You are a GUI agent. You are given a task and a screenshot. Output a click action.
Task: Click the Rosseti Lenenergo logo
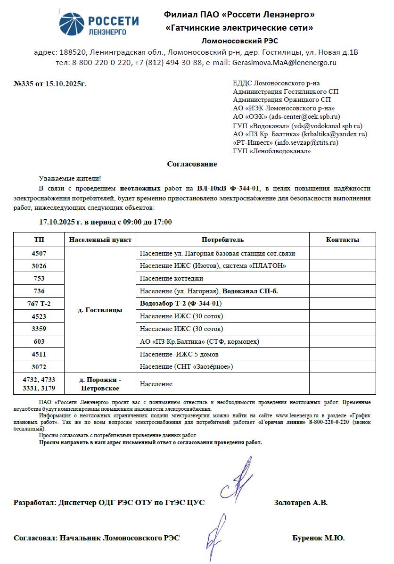click(x=99, y=24)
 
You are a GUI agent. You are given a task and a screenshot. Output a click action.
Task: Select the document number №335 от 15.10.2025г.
click(x=50, y=84)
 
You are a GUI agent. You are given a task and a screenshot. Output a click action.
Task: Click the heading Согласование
click(x=192, y=164)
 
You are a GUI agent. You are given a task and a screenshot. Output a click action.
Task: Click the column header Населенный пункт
click(x=100, y=240)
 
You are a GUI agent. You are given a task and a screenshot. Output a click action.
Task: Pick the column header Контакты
click(x=342, y=240)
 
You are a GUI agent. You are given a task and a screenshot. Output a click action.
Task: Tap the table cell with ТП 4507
click(x=39, y=253)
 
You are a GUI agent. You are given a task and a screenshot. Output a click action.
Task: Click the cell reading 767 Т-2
click(x=39, y=304)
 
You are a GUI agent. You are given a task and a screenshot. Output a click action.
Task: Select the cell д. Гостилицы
click(x=100, y=310)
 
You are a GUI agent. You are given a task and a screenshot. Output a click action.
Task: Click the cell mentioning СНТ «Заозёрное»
click(x=187, y=366)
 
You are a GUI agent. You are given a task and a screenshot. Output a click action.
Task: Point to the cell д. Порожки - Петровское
click(x=100, y=384)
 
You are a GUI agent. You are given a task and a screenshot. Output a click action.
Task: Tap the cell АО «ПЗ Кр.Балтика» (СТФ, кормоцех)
click(x=199, y=341)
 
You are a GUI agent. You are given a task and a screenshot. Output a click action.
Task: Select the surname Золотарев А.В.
click(x=301, y=503)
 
